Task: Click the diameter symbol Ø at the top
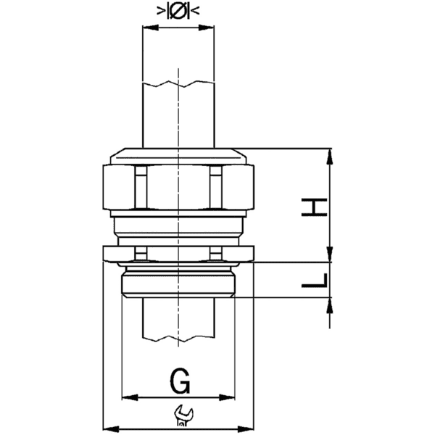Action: (178, 11)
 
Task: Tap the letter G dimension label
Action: (178, 379)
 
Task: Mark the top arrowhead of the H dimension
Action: (331, 154)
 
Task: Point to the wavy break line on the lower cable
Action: (178, 339)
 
